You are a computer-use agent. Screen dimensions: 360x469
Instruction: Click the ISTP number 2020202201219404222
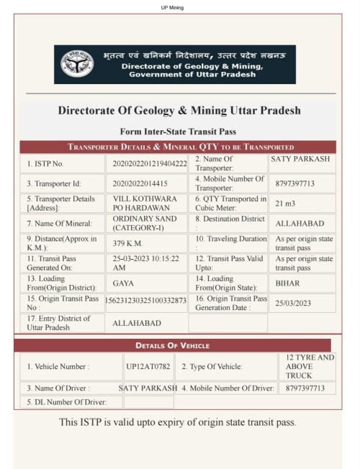tap(150, 163)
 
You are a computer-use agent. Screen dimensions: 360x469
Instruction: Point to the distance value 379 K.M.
tap(128, 243)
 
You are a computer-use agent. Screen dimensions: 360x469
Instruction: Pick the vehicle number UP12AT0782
tap(148, 366)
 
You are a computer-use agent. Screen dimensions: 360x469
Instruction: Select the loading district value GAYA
tap(123, 283)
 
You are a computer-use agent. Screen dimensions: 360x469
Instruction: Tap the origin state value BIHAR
tap(287, 283)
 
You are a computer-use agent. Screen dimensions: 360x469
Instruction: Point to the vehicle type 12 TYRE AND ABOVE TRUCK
tap(310, 366)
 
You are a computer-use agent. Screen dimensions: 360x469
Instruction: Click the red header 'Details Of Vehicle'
tap(172, 345)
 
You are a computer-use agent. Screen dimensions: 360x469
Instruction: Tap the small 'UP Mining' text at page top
tap(173, 8)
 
